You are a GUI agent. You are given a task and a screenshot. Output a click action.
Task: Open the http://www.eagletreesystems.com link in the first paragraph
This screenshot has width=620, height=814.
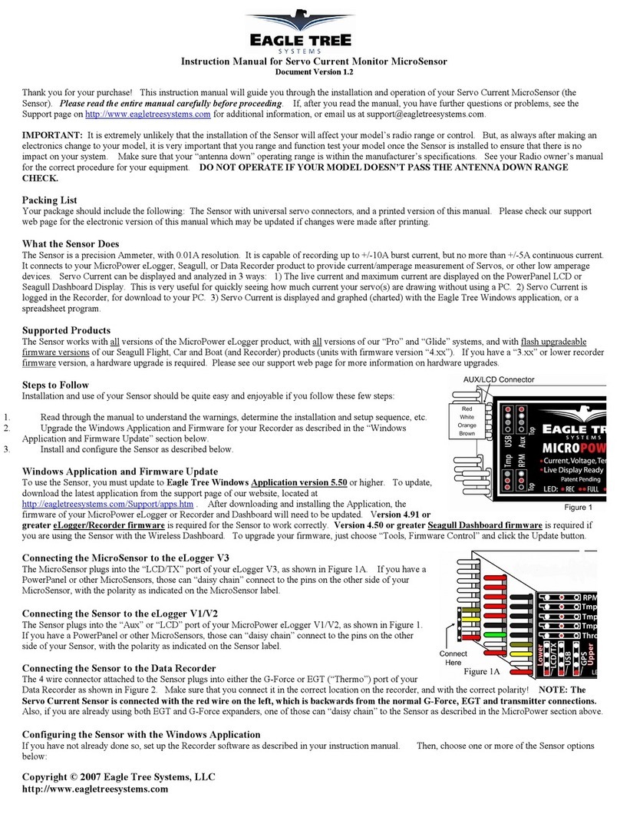click(147, 114)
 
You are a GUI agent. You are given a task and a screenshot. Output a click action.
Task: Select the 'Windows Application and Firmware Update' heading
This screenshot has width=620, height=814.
click(120, 471)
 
